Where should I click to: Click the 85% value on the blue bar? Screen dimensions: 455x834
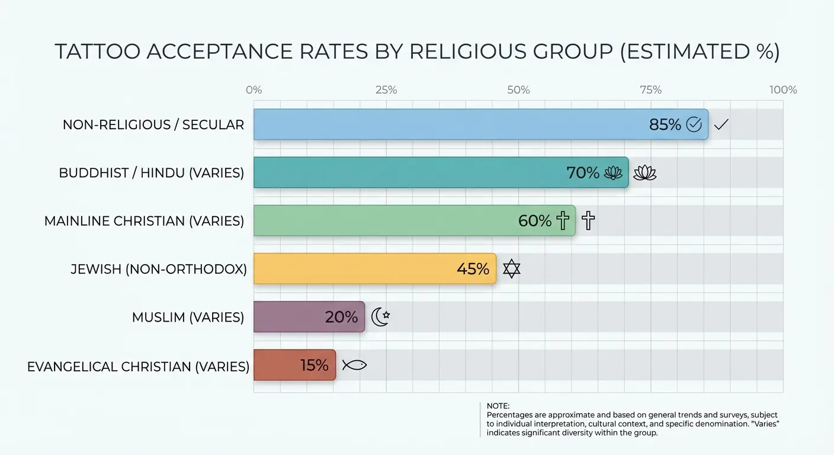pos(665,125)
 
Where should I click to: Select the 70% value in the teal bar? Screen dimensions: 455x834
pos(583,173)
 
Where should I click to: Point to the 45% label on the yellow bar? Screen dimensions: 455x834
pos(473,269)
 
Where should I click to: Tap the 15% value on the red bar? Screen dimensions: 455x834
pos(314,366)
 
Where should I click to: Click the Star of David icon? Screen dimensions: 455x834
pos(511,269)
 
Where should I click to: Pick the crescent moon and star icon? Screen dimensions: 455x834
pos(380,317)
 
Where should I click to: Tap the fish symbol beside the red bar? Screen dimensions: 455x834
pos(354,365)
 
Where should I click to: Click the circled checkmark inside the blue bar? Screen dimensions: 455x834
pos(694,125)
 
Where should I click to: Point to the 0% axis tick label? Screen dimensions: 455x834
pos(254,90)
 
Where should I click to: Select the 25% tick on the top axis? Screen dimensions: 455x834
pos(386,90)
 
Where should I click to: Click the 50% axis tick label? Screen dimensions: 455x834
pos(518,90)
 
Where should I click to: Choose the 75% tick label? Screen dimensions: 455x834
pos(651,90)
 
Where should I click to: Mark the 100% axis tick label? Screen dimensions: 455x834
pos(783,90)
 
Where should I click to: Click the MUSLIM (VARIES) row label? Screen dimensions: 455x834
pos(188,317)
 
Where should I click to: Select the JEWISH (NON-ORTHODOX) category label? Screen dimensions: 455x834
pos(159,269)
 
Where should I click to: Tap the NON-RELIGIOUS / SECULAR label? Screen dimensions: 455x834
pos(153,125)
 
